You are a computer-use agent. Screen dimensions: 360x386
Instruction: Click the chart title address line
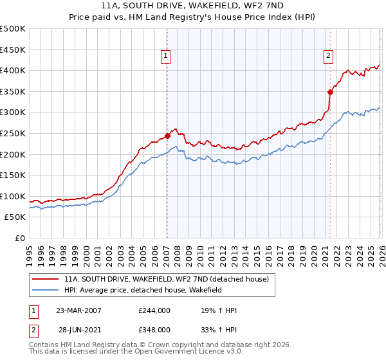pyautogui.click(x=192, y=5)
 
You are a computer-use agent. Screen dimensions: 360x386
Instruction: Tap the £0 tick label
pyautogui.click(x=20, y=238)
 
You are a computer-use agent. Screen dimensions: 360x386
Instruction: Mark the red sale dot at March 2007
pyautogui.click(x=167, y=136)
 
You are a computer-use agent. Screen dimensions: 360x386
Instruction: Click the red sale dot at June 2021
pyautogui.click(x=330, y=92)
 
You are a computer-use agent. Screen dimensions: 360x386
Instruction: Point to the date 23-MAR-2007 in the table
pyautogui.click(x=78, y=310)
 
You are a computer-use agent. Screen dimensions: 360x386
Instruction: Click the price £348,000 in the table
pyautogui.click(x=154, y=329)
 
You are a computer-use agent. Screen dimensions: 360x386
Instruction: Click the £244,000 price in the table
pyautogui.click(x=154, y=310)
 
